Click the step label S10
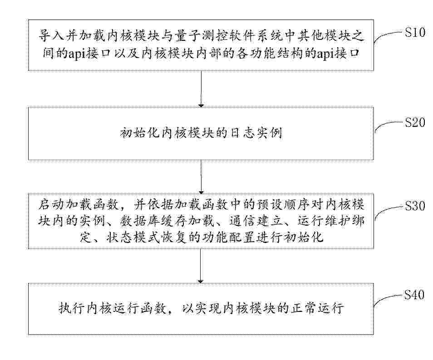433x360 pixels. (x=415, y=33)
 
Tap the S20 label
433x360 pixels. (x=415, y=122)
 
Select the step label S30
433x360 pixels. (x=415, y=206)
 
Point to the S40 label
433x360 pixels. (x=414, y=295)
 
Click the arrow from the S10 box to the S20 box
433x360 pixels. (x=201, y=89)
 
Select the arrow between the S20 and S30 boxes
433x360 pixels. (x=201, y=177)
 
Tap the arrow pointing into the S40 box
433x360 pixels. (x=201, y=266)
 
